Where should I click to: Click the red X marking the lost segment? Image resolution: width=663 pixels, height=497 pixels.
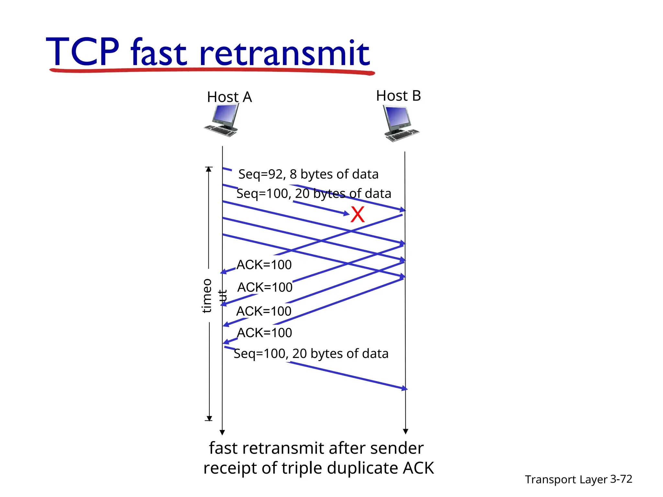[357, 215]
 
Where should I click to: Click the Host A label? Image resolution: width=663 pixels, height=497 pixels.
[229, 97]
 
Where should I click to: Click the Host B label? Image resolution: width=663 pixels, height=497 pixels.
[398, 95]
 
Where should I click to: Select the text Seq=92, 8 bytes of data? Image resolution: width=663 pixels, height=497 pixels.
[308, 174]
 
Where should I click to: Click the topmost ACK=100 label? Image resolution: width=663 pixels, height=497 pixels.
[264, 265]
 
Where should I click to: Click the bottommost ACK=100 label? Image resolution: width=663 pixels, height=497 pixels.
[264, 333]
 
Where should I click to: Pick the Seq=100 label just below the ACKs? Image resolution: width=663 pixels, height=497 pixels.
[311, 353]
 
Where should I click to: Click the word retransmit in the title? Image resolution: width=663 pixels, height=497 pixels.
[284, 52]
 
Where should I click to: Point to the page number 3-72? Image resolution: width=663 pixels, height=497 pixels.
[621, 479]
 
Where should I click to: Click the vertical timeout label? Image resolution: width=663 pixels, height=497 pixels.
[207, 296]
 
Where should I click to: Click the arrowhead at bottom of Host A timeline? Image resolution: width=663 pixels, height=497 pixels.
[222, 433]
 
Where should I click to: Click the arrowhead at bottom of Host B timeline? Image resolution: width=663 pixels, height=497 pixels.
[405, 431]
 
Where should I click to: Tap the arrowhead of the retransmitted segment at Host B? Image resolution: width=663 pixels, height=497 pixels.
[404, 388]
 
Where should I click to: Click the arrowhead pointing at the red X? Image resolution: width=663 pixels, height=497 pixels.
[346, 213]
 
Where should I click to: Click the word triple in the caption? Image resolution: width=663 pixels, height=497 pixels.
[302, 468]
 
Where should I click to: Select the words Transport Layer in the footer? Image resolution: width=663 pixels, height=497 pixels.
[566, 479]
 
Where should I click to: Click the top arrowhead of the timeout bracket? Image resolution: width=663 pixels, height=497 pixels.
[209, 169]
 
